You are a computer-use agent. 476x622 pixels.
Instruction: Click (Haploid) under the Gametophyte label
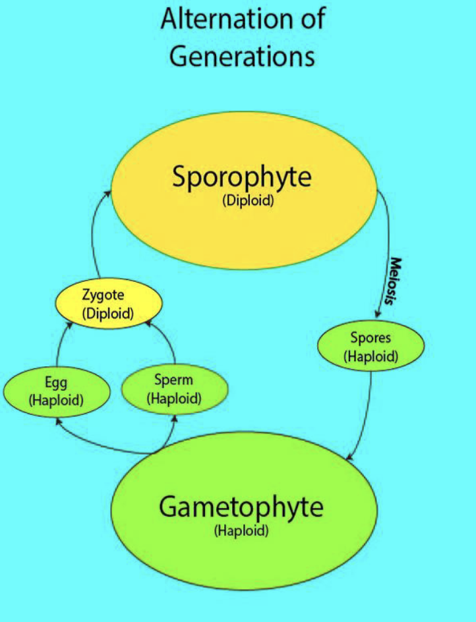point(241,530)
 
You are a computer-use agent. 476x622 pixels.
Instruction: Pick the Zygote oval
point(108,303)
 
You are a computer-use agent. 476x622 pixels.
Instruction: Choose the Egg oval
point(56,390)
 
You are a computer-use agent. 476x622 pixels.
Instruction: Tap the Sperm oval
point(174,389)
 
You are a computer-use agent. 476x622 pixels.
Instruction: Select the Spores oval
point(371,347)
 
